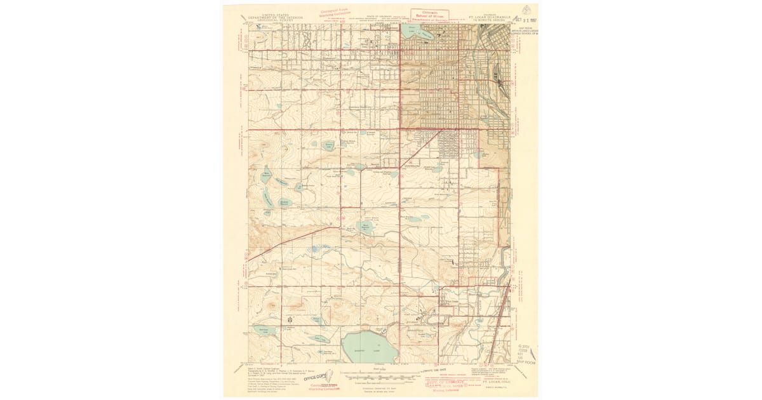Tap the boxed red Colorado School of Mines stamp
430,16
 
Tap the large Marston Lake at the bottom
370,345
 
